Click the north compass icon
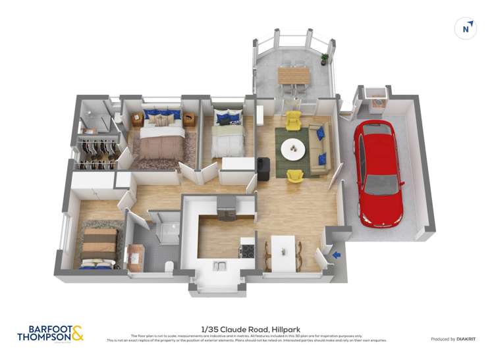pos(466,28)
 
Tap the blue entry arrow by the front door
pos(336,255)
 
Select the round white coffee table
pos(293,149)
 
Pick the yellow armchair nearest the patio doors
pos(293,120)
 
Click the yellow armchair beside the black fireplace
pos(295,176)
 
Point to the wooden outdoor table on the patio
pos(293,76)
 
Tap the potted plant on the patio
pos(325,59)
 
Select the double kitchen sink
pos(221,265)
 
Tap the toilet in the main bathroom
pos(169,266)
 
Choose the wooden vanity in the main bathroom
pos(136,257)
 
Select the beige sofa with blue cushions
pos(321,146)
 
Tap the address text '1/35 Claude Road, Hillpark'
pos(246,328)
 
